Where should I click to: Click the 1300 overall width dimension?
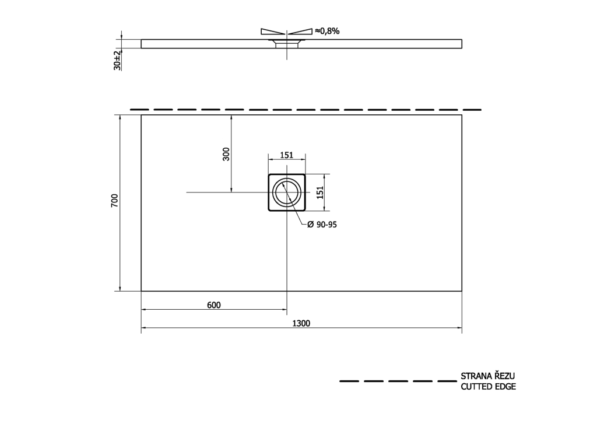301,323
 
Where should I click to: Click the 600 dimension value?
214,305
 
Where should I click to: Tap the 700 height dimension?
115,201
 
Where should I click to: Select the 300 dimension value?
226,154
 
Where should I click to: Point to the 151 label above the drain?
287,155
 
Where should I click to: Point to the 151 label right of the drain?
320,192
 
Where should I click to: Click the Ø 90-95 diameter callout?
322,225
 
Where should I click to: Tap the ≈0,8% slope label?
327,32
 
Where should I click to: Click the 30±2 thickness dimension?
117,60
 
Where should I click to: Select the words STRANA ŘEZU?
488,376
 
